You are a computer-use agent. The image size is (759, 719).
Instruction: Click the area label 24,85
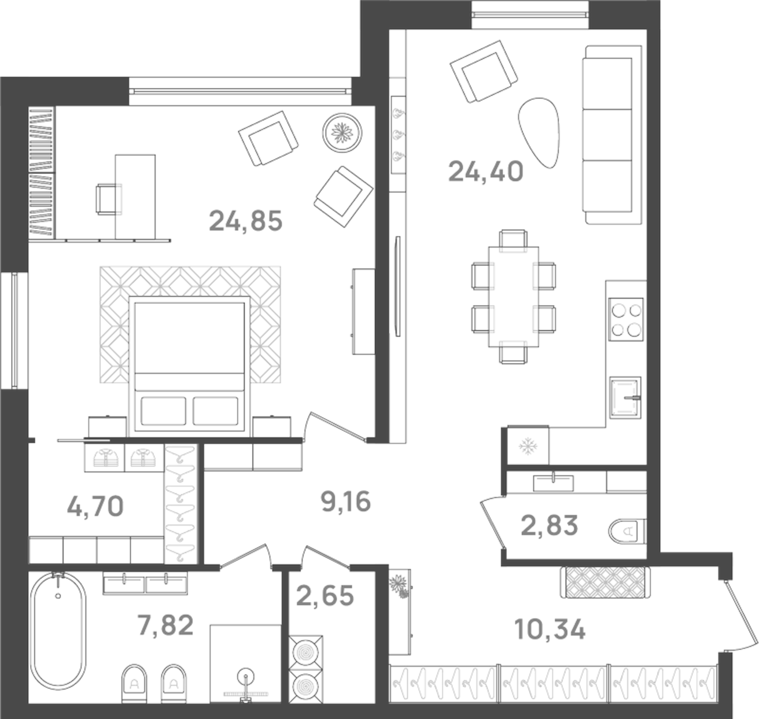(245, 220)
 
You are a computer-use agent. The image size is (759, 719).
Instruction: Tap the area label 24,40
(485, 171)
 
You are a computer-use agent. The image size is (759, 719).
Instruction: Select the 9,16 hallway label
(345, 502)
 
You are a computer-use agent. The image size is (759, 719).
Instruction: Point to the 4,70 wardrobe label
(95, 507)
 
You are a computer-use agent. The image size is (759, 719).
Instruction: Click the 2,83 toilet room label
(549, 526)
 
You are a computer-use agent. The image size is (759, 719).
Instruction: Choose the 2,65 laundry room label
(325, 595)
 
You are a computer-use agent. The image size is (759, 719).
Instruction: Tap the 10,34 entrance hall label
(550, 629)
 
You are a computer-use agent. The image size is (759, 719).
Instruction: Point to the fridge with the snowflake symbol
(527, 445)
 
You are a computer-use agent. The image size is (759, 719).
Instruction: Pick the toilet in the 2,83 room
(627, 529)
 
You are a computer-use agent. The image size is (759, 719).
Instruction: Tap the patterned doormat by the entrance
(605, 581)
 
